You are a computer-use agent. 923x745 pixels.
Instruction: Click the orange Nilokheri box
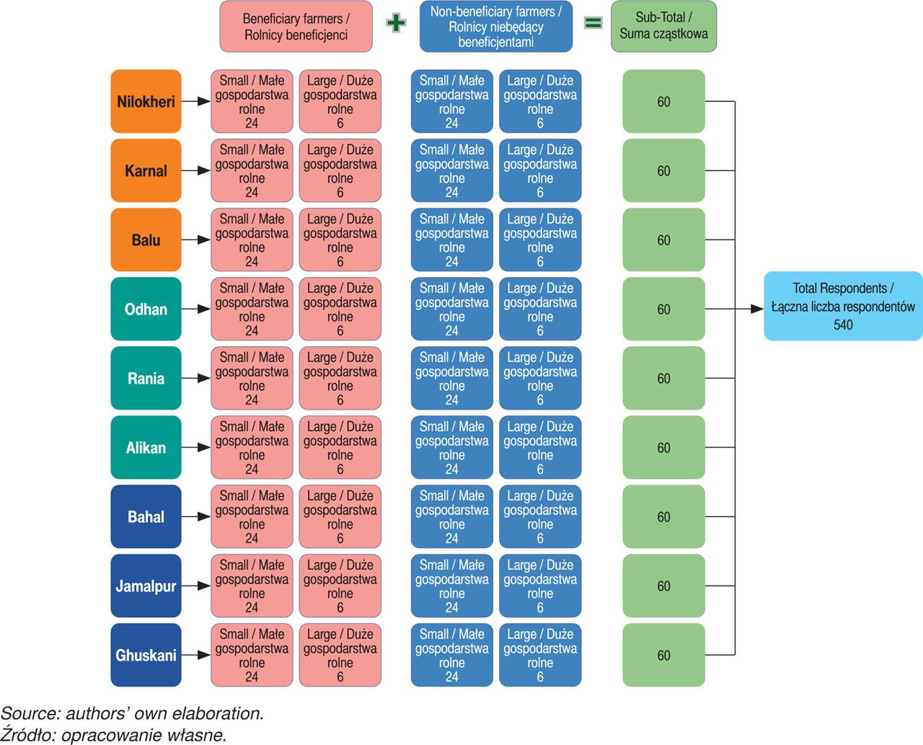[x=146, y=102]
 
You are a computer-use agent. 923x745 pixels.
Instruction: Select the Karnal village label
[x=146, y=171]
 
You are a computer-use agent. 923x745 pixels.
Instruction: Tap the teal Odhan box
[x=146, y=309]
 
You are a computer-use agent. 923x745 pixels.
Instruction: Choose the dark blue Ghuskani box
[x=146, y=656]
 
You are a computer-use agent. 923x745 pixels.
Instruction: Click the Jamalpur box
[x=146, y=586]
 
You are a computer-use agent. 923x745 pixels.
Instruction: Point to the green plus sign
[x=396, y=23]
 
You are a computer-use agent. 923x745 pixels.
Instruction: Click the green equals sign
[x=592, y=23]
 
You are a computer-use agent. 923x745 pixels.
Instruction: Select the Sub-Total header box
[x=663, y=26]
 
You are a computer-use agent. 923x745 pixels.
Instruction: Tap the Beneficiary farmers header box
[x=296, y=27]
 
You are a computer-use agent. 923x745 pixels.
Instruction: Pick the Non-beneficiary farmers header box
[x=495, y=27]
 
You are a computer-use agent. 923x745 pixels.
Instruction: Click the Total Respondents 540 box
[x=843, y=306]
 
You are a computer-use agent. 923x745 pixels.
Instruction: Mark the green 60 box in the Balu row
[x=663, y=240]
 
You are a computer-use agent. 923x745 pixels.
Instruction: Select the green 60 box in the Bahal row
[x=663, y=517]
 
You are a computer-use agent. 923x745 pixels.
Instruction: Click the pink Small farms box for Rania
[x=252, y=379]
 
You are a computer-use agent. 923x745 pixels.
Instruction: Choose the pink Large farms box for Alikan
[x=340, y=448]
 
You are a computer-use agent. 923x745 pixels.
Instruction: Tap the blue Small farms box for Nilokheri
[x=451, y=102]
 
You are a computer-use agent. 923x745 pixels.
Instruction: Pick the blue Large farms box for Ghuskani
[x=539, y=656]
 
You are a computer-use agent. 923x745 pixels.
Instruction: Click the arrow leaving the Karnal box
[x=195, y=171]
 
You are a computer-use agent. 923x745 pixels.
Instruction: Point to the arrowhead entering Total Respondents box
[x=756, y=309]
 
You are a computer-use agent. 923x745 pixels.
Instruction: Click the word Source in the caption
[x=30, y=714]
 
